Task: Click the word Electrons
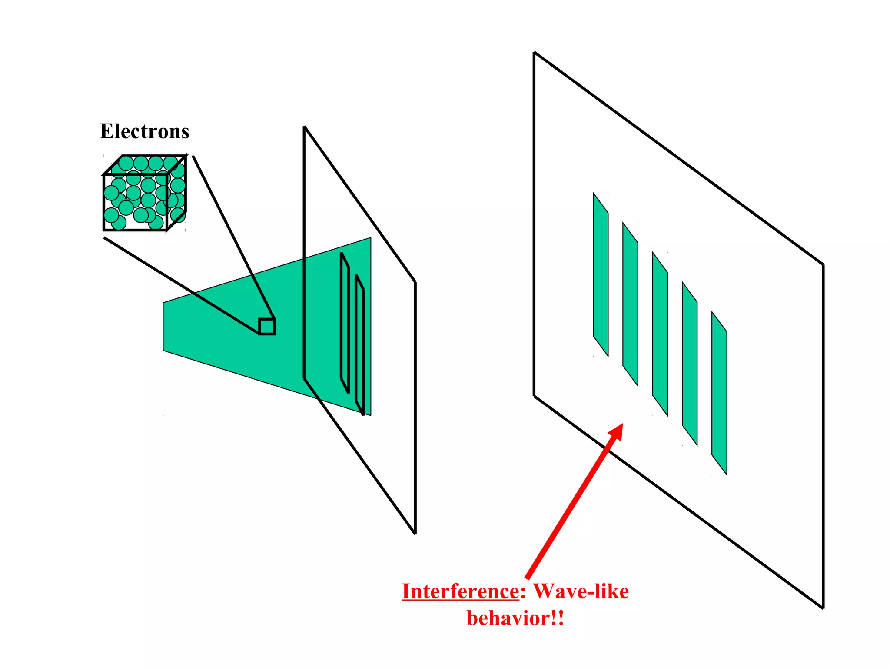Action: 144,131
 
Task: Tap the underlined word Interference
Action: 460,591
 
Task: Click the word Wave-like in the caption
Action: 581,591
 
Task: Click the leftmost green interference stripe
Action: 601,275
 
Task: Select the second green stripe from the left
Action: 630,304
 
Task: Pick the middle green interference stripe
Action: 660,334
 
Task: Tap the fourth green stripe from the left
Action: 690,364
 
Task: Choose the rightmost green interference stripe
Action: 719,393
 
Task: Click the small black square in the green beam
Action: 267,326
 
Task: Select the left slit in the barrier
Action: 345,323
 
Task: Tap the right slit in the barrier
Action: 359,344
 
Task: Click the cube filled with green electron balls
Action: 144,193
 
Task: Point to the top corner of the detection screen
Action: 535,53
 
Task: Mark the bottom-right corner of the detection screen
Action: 823,608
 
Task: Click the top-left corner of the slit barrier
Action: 304,127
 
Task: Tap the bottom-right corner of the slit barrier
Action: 415,533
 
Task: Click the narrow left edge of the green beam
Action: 164,326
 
